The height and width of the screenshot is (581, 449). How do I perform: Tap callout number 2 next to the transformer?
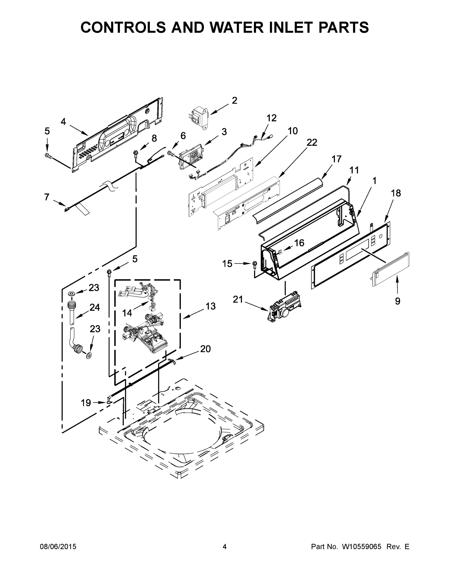tap(234, 100)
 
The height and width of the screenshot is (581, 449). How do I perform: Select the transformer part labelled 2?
tap(199, 117)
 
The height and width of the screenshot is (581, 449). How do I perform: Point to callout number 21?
tap(238, 299)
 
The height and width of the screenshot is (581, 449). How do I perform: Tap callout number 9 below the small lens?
tap(397, 301)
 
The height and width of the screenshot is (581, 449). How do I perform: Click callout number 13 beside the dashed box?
tap(210, 306)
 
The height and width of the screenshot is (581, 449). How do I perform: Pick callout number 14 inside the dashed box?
tap(127, 313)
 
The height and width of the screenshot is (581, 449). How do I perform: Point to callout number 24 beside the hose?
tap(94, 307)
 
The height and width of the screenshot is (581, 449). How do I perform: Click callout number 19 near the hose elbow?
tap(86, 403)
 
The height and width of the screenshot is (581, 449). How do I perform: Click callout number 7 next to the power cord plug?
tap(46, 197)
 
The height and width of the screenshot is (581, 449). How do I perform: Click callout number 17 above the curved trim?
tap(336, 159)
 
